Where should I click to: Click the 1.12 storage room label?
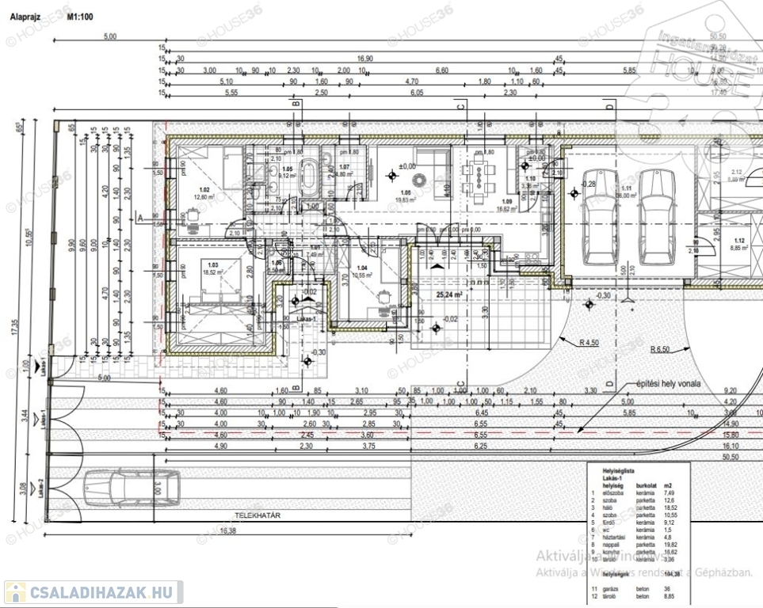tap(739, 241)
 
